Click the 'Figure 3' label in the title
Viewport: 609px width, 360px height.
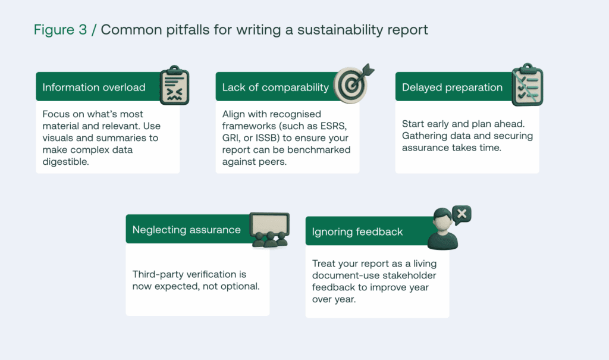60,30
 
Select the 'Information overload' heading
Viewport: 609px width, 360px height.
94,87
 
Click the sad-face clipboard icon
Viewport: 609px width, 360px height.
174,86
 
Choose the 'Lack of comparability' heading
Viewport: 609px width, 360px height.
275,87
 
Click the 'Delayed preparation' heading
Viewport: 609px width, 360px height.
452,87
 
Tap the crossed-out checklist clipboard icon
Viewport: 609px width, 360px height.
528,84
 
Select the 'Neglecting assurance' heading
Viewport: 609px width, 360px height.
186,230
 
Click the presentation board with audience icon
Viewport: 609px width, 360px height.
269,230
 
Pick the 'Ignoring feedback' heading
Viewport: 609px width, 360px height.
357,231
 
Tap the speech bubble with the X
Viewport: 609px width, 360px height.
462,215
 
